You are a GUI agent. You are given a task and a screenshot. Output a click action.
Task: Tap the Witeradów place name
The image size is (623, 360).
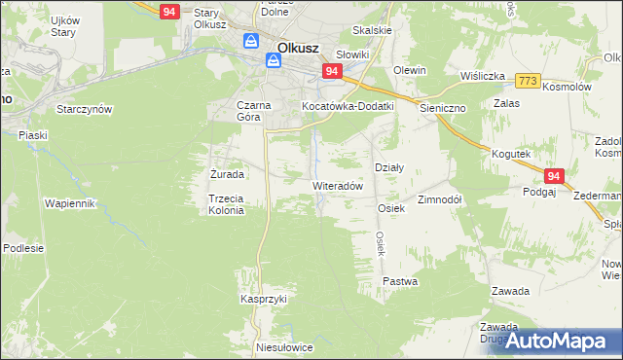[x=337, y=185]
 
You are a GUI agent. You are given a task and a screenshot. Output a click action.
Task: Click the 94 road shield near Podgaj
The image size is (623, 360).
[x=553, y=176]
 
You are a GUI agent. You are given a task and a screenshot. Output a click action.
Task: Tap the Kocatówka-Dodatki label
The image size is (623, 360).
[x=347, y=105]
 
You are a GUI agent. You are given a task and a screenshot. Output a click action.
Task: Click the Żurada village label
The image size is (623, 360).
[x=227, y=174]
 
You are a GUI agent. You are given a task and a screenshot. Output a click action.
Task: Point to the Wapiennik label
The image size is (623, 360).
[x=69, y=203]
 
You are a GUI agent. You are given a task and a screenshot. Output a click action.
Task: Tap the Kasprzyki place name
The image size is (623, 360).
[x=264, y=299]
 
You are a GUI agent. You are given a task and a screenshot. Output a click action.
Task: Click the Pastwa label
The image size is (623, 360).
[x=400, y=281]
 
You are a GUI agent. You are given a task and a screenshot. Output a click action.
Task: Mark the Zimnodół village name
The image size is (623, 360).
[x=439, y=198]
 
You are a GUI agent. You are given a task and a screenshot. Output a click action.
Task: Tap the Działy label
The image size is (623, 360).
[x=389, y=167]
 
